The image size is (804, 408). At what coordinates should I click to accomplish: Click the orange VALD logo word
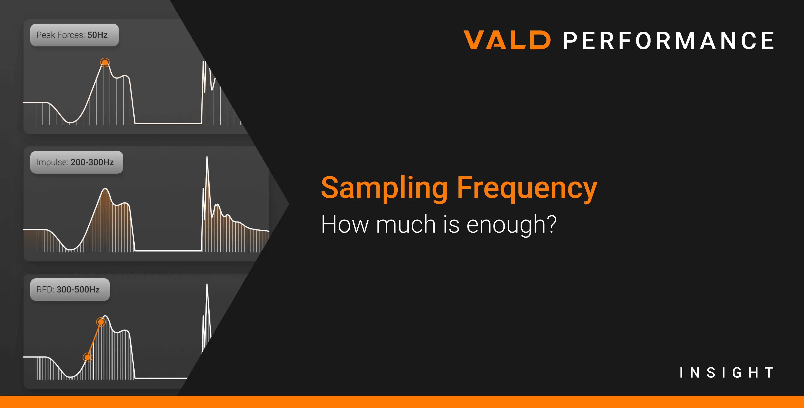click(x=507, y=40)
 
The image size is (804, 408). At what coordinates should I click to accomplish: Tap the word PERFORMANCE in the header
click(x=669, y=41)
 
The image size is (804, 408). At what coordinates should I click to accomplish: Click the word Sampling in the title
click(x=385, y=189)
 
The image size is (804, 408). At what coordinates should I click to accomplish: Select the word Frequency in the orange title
click(x=527, y=189)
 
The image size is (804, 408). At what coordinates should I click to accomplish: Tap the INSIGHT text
click(x=727, y=372)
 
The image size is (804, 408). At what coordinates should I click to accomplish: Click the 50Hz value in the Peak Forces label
click(x=97, y=35)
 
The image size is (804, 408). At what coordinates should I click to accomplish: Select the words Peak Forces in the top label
click(x=61, y=35)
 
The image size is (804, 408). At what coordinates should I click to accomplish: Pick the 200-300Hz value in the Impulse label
click(x=92, y=162)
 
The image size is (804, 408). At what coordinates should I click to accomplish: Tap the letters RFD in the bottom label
click(x=45, y=290)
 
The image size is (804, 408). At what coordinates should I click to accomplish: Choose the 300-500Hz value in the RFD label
click(x=78, y=290)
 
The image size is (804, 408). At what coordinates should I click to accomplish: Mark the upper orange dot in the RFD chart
click(x=101, y=322)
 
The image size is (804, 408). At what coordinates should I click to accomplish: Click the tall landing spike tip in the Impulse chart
click(x=207, y=157)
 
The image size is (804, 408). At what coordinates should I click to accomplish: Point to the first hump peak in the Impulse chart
click(x=106, y=189)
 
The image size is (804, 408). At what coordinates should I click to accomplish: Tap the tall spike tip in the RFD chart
click(x=207, y=284)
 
